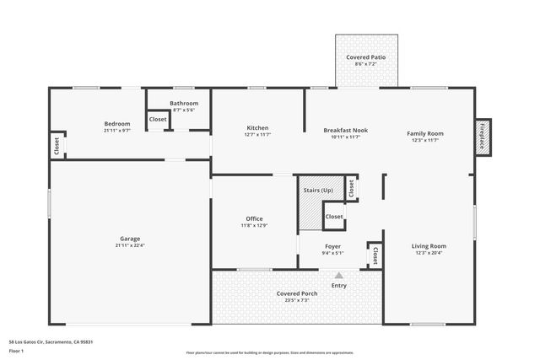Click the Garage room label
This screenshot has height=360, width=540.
pos(130,239)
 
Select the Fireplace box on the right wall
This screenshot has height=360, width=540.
pos(483,136)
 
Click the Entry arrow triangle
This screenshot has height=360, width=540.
pos(339,275)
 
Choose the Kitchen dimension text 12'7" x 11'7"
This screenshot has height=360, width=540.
pos(256,135)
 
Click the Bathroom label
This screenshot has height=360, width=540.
pos(184,104)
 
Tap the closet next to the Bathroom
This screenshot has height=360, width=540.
pos(158,120)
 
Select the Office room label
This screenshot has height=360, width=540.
pos(254,218)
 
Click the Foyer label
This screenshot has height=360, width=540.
pos(332,246)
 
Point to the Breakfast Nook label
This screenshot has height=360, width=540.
pos(345,130)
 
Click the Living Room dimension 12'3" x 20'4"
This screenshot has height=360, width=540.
pos(429,253)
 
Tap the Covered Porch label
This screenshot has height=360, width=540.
pos(296,293)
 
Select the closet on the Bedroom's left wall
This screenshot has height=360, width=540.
pos(57,145)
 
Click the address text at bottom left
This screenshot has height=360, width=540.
pos(51,341)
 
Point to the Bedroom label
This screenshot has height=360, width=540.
pos(116,124)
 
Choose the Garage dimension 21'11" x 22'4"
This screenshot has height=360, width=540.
pos(130,245)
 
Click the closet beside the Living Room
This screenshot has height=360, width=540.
pos(375,255)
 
